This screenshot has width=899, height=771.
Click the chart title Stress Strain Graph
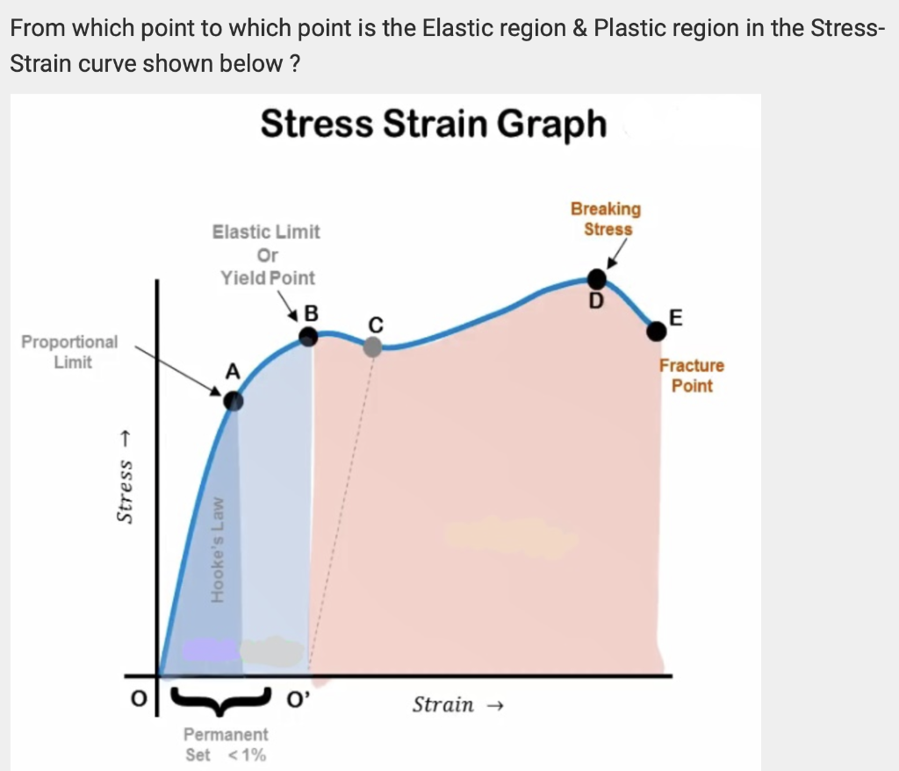[433, 124]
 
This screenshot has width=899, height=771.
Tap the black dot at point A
[232, 401]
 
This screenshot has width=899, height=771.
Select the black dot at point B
[308, 336]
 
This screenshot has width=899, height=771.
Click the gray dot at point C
[372, 346]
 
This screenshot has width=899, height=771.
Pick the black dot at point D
[596, 279]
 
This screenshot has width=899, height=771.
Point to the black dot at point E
[656, 331]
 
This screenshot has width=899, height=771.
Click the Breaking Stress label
[606, 218]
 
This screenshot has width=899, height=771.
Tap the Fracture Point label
[692, 375]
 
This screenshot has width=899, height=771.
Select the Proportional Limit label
[69, 352]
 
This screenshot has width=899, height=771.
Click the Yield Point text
[268, 278]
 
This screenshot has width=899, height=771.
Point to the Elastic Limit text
[266, 232]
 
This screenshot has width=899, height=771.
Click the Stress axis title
[125, 479]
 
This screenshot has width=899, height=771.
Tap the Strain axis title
[455, 704]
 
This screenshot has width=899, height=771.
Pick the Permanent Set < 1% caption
[227, 744]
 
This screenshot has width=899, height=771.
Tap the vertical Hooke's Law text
[219, 553]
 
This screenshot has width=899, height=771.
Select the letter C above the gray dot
[376, 324]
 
